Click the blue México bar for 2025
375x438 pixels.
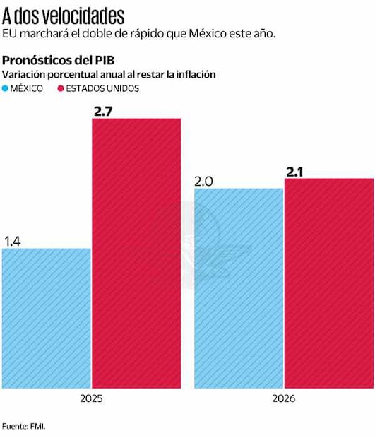pyautogui.click(x=47, y=318)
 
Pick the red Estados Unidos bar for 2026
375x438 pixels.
pyautogui.click(x=328, y=283)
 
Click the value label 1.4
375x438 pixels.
pyautogui.click(x=13, y=241)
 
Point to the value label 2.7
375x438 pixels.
pyautogui.click(x=104, y=110)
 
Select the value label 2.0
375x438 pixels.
pyautogui.click(x=205, y=181)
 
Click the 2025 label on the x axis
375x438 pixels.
pyautogui.click(x=91, y=398)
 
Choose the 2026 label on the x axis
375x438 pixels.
pyautogui.click(x=284, y=398)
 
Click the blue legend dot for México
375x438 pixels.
pyautogui.click(x=6, y=88)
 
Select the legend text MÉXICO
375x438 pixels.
pyautogui.click(x=28, y=88)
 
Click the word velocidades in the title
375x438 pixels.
pyautogui.click(x=83, y=16)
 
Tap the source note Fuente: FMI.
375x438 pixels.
pyautogui.click(x=28, y=426)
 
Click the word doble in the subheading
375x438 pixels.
pyautogui.click(x=107, y=34)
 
